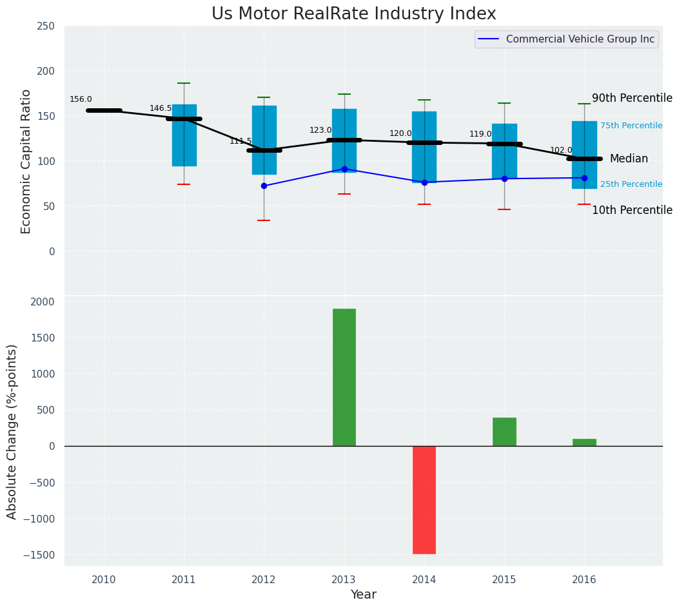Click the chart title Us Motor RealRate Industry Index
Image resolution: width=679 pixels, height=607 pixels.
[x=353, y=14]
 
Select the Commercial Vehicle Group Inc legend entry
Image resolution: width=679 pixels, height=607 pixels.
[x=580, y=39]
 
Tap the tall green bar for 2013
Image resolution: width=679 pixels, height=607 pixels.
[x=344, y=377]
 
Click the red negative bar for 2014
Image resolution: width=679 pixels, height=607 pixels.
[x=424, y=499]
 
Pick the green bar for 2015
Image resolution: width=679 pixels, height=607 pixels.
[x=504, y=432]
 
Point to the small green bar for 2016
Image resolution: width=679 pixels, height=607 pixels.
[x=584, y=443]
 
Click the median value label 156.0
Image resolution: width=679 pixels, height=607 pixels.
[x=81, y=99]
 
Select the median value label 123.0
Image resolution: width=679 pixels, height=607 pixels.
[x=320, y=130]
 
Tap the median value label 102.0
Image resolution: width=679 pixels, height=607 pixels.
[x=560, y=150]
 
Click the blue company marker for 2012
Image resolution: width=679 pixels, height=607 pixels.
[x=264, y=186]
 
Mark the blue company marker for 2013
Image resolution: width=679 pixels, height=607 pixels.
[x=344, y=169]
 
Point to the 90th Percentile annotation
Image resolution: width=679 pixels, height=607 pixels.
[x=632, y=98]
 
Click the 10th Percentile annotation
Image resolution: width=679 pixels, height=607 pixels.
[x=632, y=210]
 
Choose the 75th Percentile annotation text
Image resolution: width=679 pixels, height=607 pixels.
[x=631, y=126]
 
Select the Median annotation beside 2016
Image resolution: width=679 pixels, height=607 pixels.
[x=629, y=159]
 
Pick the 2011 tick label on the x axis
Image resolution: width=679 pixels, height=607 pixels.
[x=184, y=580]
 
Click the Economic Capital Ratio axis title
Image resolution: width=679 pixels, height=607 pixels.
[x=26, y=161]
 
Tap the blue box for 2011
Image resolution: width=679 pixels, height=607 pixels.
[x=184, y=135]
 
